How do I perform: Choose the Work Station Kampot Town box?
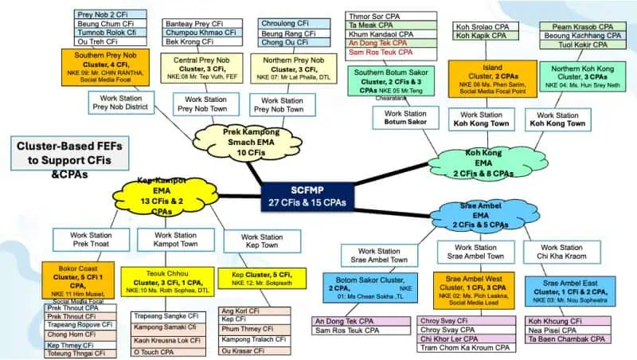tap(176, 241)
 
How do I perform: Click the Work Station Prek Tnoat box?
tap(84, 241)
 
